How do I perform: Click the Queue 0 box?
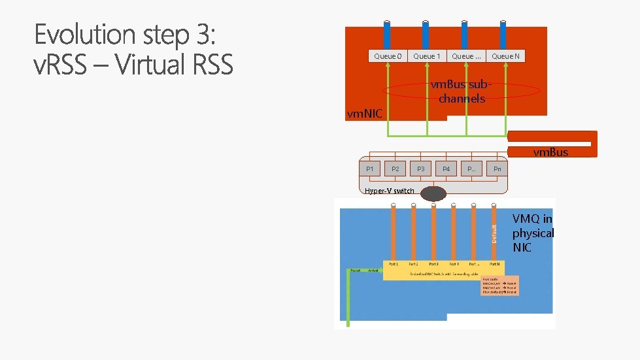(x=388, y=56)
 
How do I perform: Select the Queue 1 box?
(x=427, y=56)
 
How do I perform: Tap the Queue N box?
(x=505, y=56)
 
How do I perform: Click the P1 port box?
(x=370, y=169)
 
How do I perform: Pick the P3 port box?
(x=421, y=169)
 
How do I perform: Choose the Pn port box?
(x=497, y=169)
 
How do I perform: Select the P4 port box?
(x=446, y=169)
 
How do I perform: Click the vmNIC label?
(x=364, y=114)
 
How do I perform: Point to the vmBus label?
(x=550, y=152)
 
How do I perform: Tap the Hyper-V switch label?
(x=390, y=191)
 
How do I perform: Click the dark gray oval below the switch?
(x=433, y=193)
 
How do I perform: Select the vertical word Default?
(x=494, y=234)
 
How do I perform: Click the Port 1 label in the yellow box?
(x=393, y=264)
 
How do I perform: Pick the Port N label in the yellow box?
(x=495, y=264)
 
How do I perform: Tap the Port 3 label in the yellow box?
(x=433, y=264)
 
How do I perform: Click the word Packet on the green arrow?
(x=355, y=270)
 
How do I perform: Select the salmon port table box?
(x=499, y=285)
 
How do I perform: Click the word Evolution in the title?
(x=92, y=35)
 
